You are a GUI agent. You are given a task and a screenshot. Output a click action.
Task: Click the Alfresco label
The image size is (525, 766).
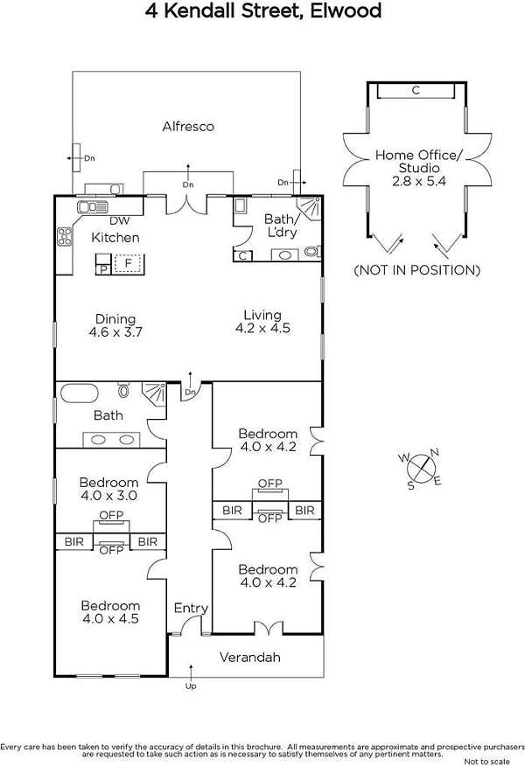(188, 127)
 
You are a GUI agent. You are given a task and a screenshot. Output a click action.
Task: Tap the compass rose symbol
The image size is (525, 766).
(420, 468)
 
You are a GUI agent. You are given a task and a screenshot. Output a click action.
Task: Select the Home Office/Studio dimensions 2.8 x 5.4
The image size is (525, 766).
(419, 181)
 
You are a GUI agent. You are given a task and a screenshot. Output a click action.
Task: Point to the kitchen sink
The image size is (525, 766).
(93, 207)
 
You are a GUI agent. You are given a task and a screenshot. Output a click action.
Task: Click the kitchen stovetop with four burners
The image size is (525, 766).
(65, 236)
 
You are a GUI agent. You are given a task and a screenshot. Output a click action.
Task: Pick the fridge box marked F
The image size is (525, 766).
(128, 263)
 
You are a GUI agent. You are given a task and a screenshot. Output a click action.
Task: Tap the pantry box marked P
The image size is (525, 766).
(103, 269)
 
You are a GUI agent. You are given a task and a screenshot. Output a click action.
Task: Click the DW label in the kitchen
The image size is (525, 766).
(119, 221)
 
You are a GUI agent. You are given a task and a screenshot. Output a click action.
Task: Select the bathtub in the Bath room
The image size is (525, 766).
(78, 393)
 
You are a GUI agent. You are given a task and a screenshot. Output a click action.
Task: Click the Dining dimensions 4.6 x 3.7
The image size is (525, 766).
(115, 332)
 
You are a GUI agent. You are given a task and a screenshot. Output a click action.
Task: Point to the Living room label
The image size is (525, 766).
(262, 315)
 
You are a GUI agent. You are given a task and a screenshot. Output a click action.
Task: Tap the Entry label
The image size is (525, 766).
(191, 609)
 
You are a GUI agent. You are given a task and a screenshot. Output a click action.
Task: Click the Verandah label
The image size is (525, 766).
(249, 658)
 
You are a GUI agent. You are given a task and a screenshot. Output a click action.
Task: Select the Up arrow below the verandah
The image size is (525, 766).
(191, 672)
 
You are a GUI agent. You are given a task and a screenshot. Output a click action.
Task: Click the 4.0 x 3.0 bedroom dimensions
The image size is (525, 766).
(109, 496)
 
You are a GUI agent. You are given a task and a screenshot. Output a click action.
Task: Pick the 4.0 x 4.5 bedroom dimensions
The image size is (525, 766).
(110, 619)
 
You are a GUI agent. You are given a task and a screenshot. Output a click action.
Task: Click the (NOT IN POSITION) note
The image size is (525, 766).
(417, 270)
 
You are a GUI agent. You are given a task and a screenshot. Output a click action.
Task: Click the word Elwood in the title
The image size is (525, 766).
(346, 10)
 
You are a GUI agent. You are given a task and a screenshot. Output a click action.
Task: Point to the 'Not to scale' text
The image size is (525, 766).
(486, 761)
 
